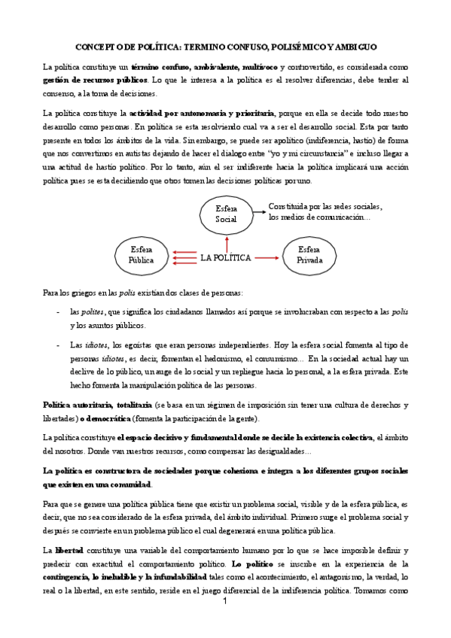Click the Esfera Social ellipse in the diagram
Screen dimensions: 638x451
[226, 213]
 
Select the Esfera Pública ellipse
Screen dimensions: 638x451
[141, 254]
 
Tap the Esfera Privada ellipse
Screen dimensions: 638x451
[309, 254]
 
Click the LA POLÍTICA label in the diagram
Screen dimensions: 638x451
[226, 257]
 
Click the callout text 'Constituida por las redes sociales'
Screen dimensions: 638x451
[325, 206]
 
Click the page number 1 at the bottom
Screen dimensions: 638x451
[225, 603]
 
